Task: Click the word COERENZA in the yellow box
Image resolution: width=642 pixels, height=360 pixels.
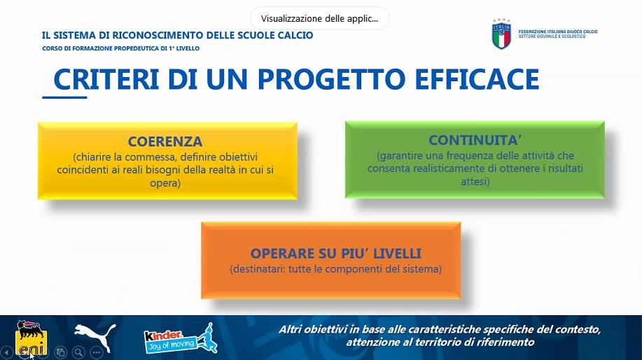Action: (x=165, y=141)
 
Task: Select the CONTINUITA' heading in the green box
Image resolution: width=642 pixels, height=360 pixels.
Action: (x=475, y=140)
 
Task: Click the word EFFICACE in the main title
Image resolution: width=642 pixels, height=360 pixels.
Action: (x=477, y=79)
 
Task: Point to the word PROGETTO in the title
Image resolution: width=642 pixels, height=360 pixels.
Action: (x=331, y=79)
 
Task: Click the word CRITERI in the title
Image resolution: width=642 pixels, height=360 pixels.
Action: (x=106, y=79)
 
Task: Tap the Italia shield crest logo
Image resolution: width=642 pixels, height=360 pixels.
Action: (x=501, y=34)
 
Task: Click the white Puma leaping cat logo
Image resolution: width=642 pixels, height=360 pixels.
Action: (x=95, y=337)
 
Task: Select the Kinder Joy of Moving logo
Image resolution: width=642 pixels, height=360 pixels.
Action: (x=180, y=338)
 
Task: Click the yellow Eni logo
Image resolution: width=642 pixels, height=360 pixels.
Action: (x=31, y=338)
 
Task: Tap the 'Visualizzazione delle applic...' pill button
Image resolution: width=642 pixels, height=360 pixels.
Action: (x=320, y=18)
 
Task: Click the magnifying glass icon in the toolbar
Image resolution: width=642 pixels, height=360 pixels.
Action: (x=78, y=352)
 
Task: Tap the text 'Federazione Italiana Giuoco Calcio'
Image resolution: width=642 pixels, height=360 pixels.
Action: (x=558, y=32)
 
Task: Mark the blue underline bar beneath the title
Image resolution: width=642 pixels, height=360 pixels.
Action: (x=64, y=97)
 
